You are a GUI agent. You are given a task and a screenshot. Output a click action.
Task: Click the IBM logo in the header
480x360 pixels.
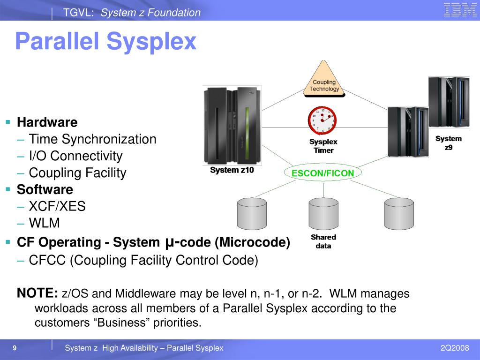click(x=460, y=10)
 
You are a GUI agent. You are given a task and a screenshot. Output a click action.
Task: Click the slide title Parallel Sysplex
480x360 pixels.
click(x=105, y=41)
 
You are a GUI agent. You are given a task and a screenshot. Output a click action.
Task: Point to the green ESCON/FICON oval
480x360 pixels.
click(x=322, y=173)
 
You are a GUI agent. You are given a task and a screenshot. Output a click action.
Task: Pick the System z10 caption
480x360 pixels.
click(x=232, y=170)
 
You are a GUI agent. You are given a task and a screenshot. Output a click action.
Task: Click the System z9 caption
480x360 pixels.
click(x=448, y=142)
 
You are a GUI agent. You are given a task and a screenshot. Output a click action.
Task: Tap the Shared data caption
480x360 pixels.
click(x=323, y=241)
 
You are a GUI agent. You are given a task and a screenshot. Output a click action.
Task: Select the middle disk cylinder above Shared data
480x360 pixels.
click(x=323, y=213)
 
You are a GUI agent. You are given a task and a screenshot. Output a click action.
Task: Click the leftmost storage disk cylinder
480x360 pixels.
click(x=252, y=213)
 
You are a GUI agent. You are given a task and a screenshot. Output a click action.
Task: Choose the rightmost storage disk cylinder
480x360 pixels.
click(x=398, y=213)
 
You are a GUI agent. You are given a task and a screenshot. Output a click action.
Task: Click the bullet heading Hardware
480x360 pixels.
click(x=47, y=122)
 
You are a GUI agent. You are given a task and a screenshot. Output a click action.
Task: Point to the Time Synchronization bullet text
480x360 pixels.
click(x=92, y=139)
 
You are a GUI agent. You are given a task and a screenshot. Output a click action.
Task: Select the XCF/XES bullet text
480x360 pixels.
click(x=57, y=206)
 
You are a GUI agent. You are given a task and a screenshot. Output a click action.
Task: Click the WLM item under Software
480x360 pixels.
click(x=45, y=223)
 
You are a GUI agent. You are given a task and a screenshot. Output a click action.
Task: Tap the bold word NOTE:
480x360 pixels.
click(x=37, y=293)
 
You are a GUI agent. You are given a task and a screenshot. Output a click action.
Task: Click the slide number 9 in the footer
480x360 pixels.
click(x=15, y=348)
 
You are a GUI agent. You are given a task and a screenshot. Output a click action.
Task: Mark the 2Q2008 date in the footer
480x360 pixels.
click(x=454, y=348)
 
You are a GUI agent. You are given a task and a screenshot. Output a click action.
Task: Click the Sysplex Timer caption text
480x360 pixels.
click(x=323, y=146)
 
